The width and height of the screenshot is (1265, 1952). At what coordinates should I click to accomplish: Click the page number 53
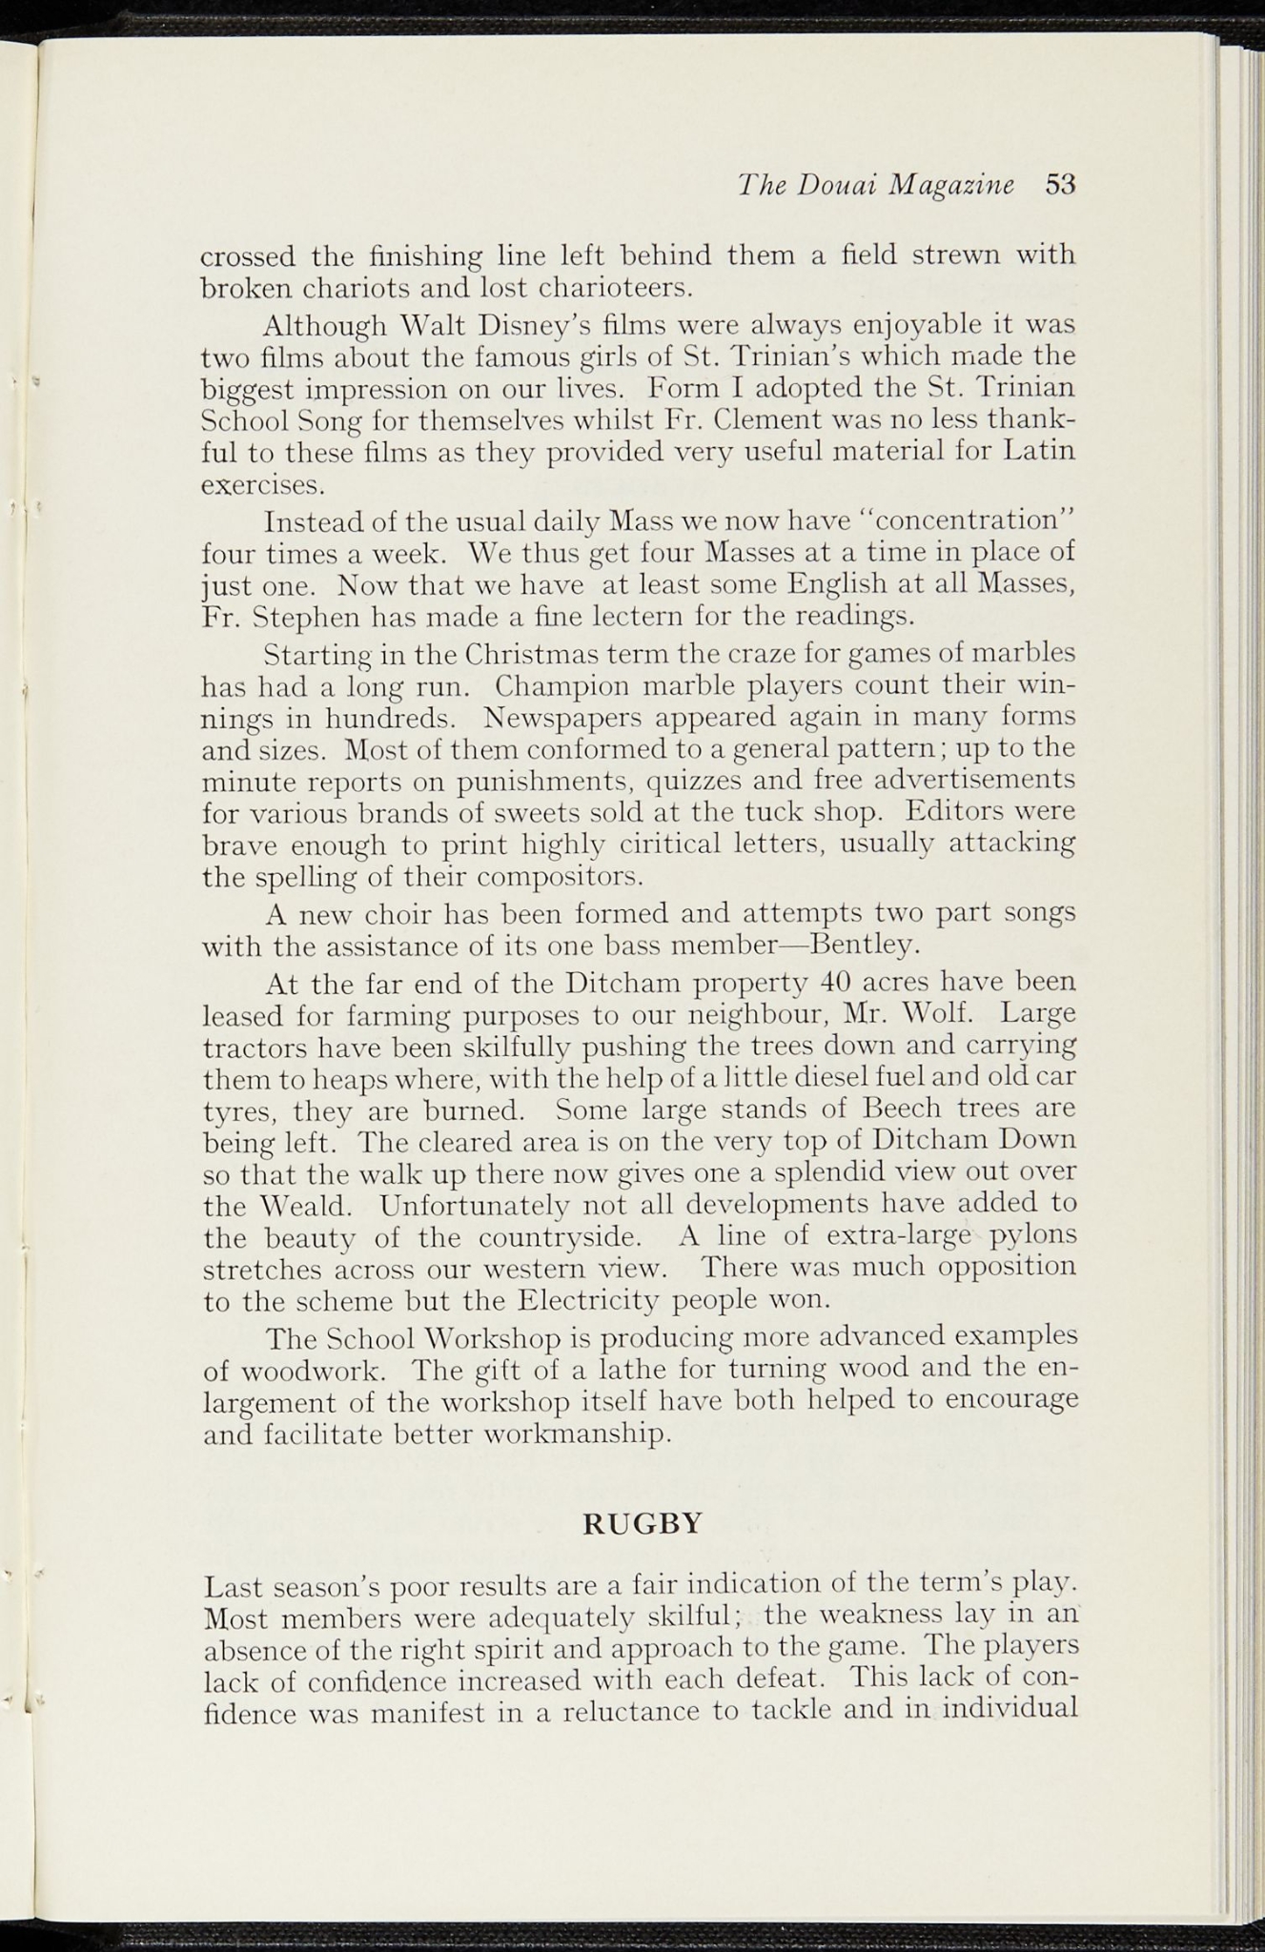1060,184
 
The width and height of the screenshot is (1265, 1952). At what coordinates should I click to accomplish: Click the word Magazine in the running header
952,184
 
